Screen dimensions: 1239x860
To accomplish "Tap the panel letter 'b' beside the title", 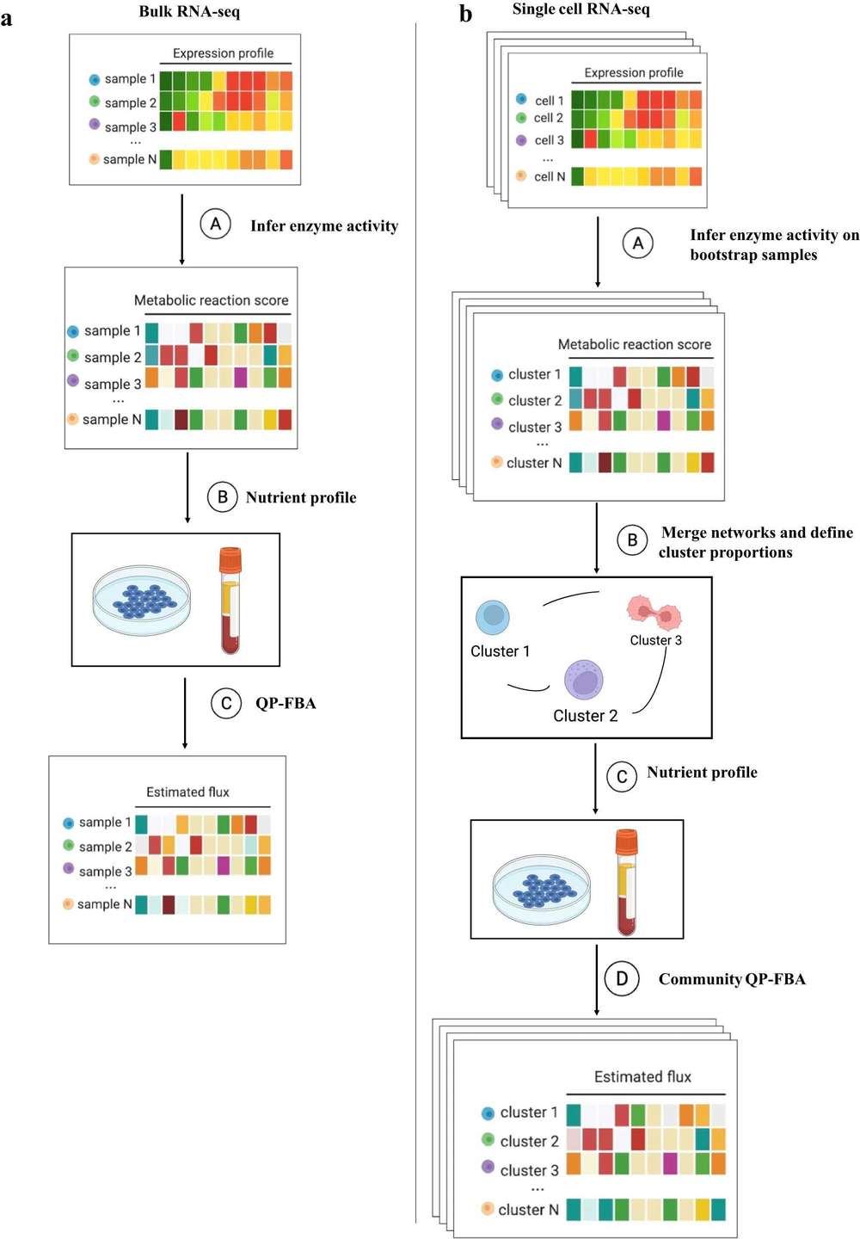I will click(x=465, y=14).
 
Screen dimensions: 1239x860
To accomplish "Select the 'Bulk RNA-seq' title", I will click(x=189, y=12).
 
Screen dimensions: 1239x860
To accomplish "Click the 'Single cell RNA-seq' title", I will click(x=580, y=9).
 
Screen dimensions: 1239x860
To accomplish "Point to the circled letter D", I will click(x=622, y=978).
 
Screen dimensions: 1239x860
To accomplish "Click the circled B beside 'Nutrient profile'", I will click(x=223, y=496).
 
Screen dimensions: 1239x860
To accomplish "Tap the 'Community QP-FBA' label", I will click(x=732, y=979).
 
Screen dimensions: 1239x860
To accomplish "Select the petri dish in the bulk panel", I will click(x=142, y=600).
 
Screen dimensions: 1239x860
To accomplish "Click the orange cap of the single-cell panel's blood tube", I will click(x=626, y=841).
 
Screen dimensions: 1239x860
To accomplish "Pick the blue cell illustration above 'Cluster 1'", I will click(x=493, y=616).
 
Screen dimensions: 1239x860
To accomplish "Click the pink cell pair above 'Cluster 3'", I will click(x=654, y=613).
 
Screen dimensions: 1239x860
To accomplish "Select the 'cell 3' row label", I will click(x=549, y=140).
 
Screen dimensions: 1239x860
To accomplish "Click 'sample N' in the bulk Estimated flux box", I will click(x=104, y=904).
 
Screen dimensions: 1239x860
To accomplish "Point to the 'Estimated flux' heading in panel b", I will click(x=642, y=1076).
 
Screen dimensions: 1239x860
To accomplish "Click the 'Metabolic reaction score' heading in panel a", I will click(x=211, y=300).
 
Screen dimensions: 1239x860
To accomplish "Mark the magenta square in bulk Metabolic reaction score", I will click(x=240, y=377).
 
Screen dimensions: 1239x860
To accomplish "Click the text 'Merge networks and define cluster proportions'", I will click(x=756, y=542).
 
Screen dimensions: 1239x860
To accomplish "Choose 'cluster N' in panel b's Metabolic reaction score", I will click(x=533, y=463).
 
